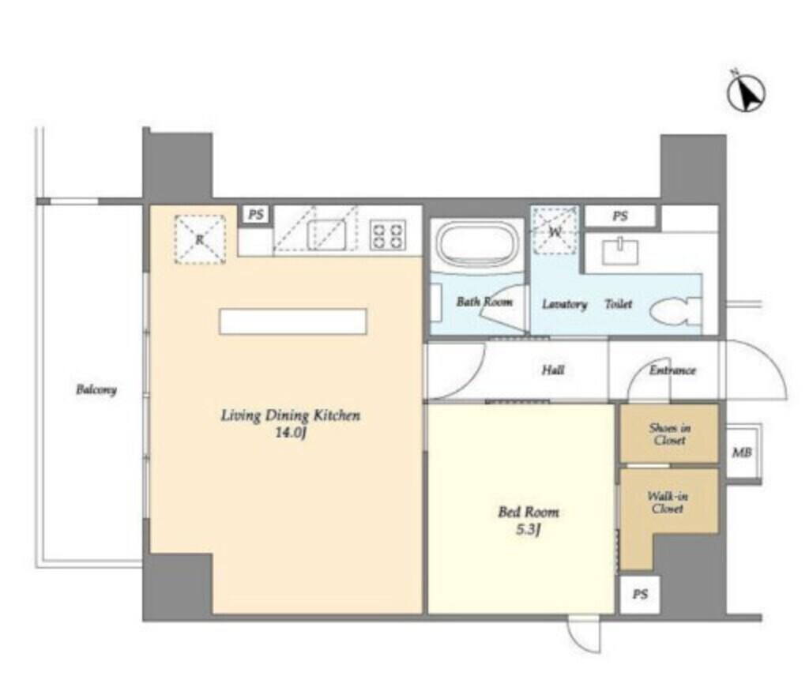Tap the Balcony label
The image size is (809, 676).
(96, 389)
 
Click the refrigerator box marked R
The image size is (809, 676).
(200, 239)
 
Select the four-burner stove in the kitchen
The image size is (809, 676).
(388, 235)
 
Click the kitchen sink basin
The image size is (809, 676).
(326, 235)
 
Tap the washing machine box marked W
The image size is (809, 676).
(555, 231)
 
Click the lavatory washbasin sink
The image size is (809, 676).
(619, 250)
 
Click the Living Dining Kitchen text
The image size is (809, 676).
(291, 415)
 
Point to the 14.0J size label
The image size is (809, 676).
(291, 433)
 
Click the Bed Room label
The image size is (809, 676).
(529, 512)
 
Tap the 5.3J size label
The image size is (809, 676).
(528, 530)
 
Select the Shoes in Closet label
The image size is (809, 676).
(670, 434)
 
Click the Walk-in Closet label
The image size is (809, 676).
(668, 502)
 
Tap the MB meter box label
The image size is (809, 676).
(741, 453)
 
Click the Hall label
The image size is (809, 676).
(552, 370)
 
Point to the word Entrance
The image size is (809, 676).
(672, 370)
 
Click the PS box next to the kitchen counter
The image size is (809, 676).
(256, 215)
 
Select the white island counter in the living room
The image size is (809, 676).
(293, 321)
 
